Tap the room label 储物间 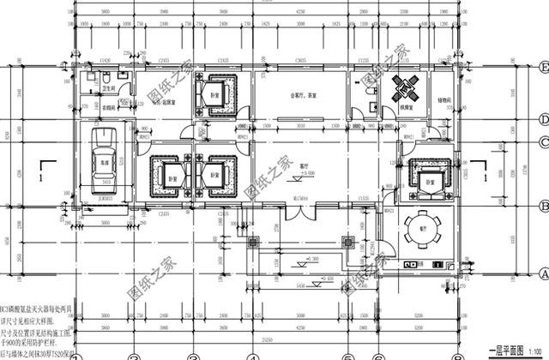click(x=442, y=99)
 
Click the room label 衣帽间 click(x=109, y=108)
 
